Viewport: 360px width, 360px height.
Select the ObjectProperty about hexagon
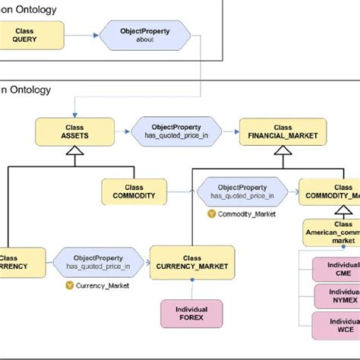pyautogui.click(x=144, y=35)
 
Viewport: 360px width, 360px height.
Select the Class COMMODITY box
pyautogui.click(x=134, y=191)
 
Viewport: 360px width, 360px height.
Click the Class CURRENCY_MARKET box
pyautogui.click(x=192, y=262)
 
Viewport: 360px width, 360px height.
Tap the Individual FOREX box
pyautogui.click(x=191, y=314)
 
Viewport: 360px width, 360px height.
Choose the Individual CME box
pyautogui.click(x=336, y=269)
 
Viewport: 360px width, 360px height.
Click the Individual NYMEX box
pyautogui.click(x=336, y=296)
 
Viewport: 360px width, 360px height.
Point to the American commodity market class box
pyautogui.click(x=332, y=232)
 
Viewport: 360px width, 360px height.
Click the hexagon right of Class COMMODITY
pyautogui.click(x=241, y=191)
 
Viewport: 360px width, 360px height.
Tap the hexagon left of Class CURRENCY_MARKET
pyautogui.click(x=98, y=262)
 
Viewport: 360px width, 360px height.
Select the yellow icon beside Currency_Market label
pyautogui.click(x=70, y=286)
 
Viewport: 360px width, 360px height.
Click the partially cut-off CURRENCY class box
pyautogui.click(x=14, y=262)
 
